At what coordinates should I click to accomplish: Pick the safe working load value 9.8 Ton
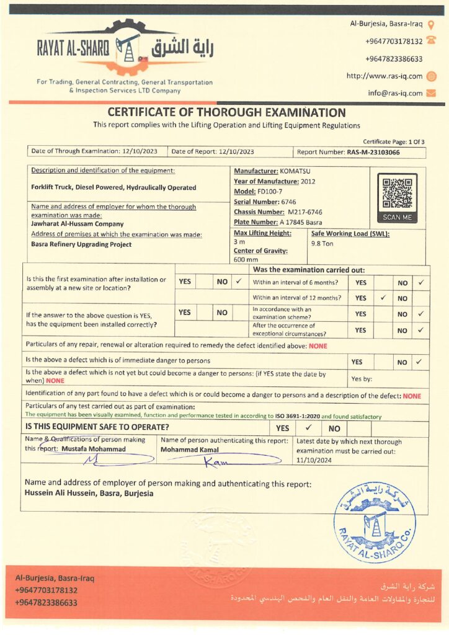pos(322,244)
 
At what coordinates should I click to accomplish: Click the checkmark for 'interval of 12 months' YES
pos(383,298)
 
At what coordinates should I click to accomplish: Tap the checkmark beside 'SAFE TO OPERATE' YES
pos(308,427)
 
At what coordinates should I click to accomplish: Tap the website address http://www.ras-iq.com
pos(384,76)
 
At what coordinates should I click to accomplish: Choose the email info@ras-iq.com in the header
pos(395,93)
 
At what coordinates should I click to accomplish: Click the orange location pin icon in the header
pos(432,25)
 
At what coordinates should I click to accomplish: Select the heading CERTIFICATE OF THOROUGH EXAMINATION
pos(226,113)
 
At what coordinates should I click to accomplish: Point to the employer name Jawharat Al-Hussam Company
pos(78,224)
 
